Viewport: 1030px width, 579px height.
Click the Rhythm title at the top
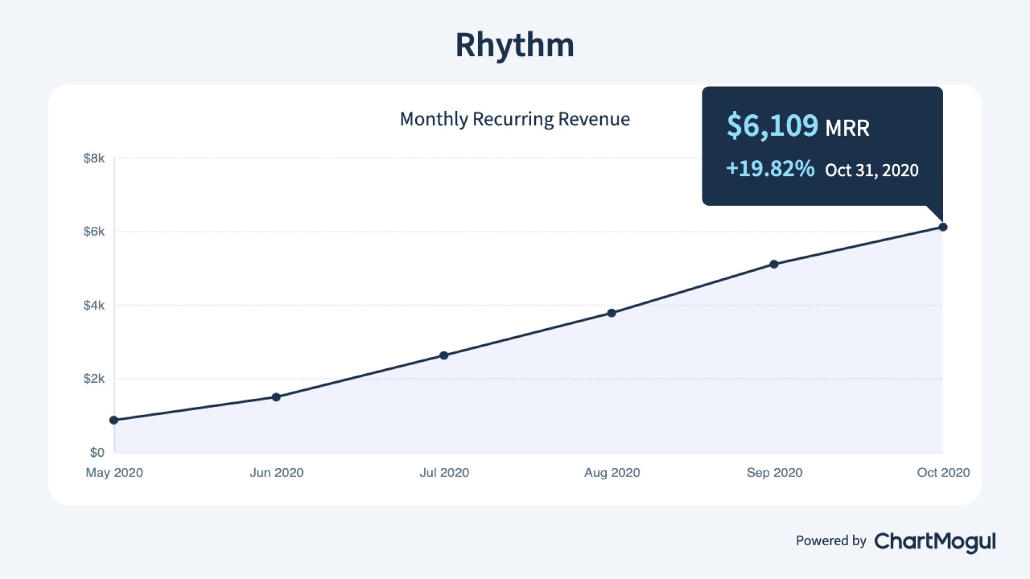(x=514, y=44)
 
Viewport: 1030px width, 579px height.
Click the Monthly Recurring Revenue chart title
(x=514, y=119)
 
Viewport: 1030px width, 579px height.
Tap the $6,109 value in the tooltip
(x=772, y=126)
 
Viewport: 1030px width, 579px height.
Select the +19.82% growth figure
(x=770, y=169)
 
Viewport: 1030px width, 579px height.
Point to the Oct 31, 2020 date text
(x=871, y=170)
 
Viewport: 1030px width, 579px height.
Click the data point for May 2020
(x=114, y=420)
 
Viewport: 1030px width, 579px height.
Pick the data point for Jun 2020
(x=276, y=397)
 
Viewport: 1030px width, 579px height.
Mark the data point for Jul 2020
(x=444, y=355)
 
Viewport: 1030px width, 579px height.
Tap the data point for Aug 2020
(x=612, y=313)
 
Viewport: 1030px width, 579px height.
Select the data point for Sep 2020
(x=774, y=264)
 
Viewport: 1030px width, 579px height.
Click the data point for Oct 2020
(x=943, y=227)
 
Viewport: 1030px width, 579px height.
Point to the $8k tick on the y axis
(x=94, y=158)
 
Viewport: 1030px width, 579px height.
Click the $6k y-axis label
(x=94, y=232)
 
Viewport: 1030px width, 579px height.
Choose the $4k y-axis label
(x=94, y=306)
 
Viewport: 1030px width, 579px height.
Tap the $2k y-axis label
(x=94, y=379)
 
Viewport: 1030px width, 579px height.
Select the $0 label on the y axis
(x=97, y=452)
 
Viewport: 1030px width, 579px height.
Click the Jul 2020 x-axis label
(x=444, y=473)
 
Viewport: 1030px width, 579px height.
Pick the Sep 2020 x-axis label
(x=774, y=473)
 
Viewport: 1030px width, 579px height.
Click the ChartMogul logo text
(x=935, y=541)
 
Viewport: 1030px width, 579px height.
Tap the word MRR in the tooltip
(x=847, y=129)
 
